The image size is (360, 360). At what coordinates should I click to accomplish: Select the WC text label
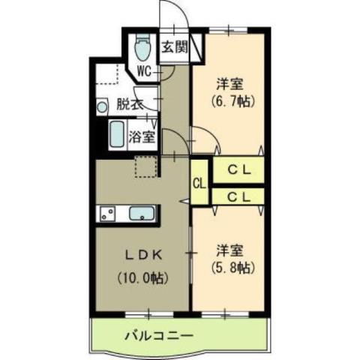tap(145, 72)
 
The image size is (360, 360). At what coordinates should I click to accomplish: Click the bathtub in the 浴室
tap(116, 135)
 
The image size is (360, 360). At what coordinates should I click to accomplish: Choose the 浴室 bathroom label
tap(142, 137)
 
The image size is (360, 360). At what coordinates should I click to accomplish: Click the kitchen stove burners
tap(106, 213)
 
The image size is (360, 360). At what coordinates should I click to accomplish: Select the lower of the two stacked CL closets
tap(239, 196)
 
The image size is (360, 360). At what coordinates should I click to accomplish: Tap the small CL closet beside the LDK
tap(199, 182)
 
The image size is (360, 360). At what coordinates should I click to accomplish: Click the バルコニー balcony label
tap(158, 335)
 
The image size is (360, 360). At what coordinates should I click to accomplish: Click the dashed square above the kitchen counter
tap(145, 166)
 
